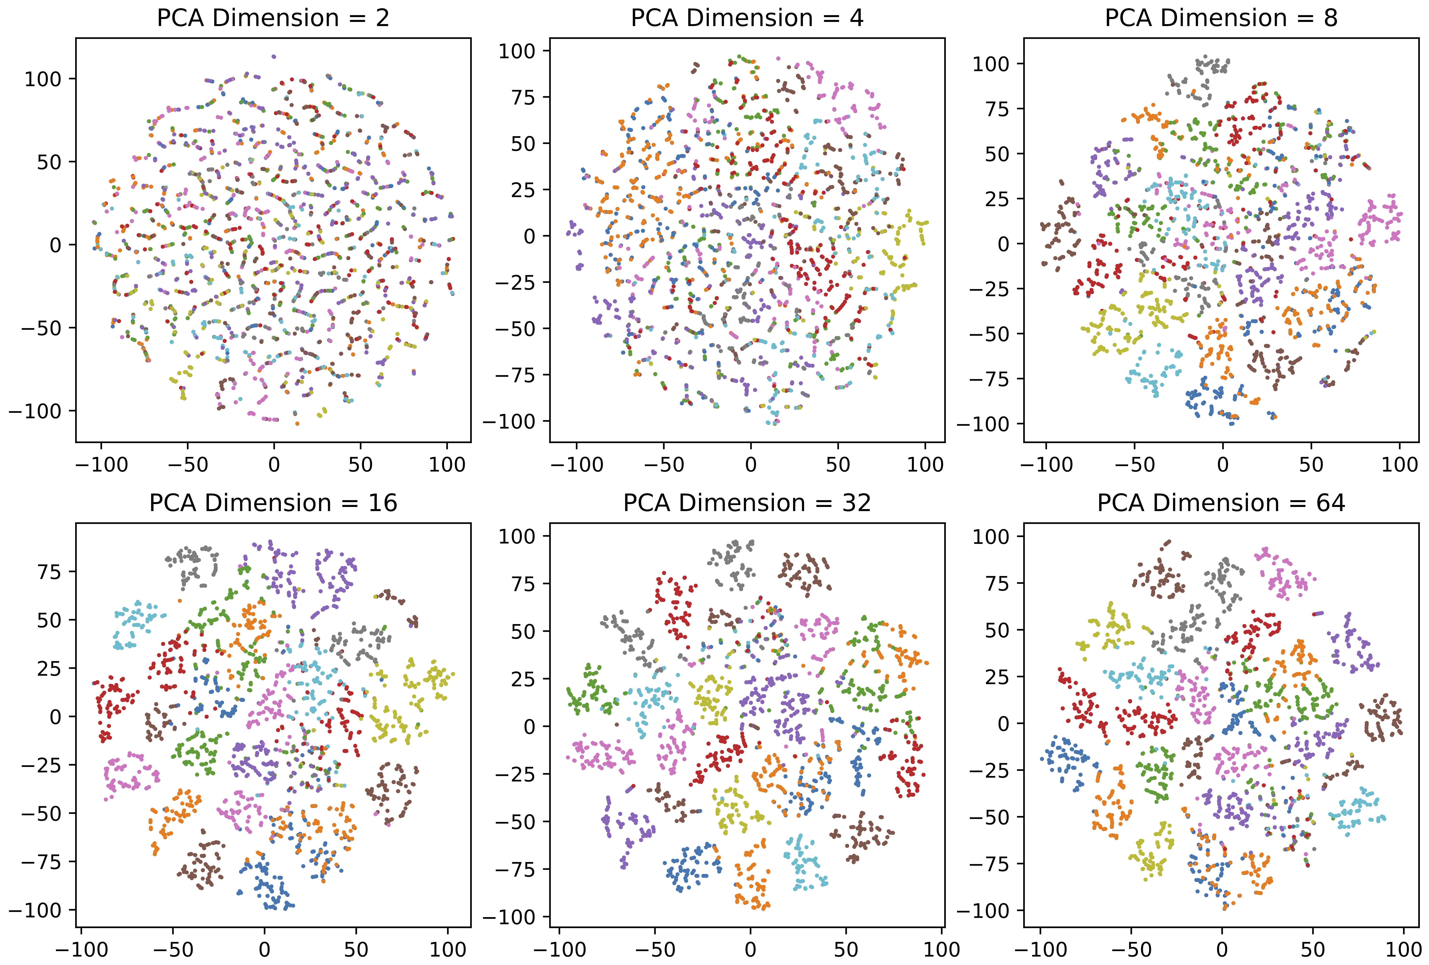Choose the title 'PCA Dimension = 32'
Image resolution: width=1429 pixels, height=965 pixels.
(x=747, y=503)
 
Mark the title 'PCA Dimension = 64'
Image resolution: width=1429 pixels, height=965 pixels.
(x=1221, y=503)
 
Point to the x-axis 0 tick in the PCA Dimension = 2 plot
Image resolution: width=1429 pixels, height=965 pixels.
(x=274, y=465)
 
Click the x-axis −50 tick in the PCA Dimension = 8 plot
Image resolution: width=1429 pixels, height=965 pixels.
(x=1134, y=465)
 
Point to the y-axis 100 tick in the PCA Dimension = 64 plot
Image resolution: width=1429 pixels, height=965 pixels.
(x=991, y=537)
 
